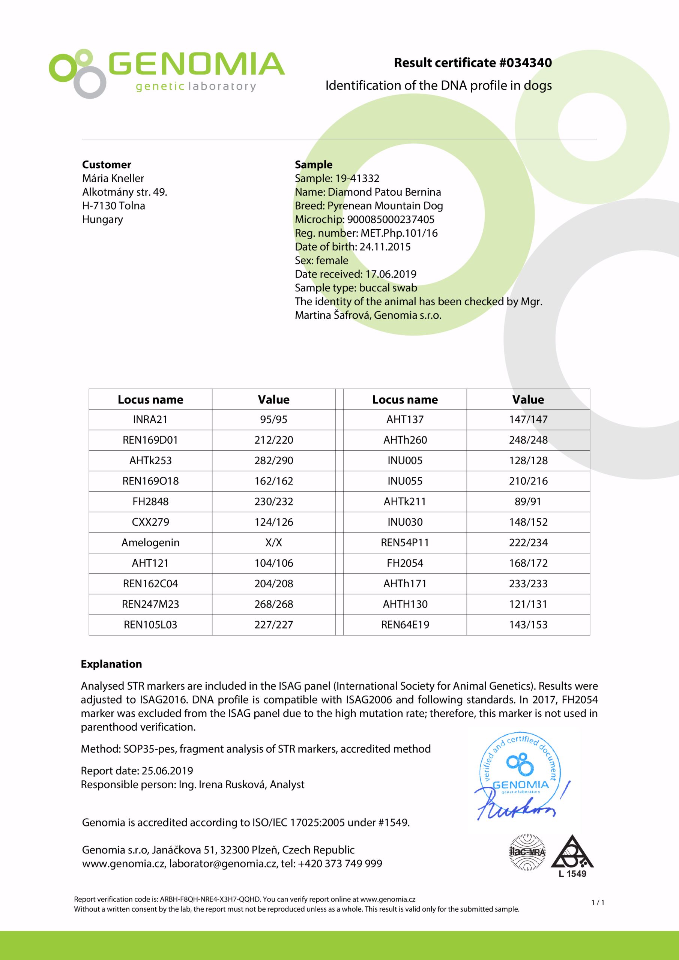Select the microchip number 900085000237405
(391, 219)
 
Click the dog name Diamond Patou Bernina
(384, 192)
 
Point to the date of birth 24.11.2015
(385, 247)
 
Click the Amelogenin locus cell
(150, 543)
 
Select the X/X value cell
(273, 543)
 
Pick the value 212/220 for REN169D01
(273, 440)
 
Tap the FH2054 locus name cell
(404, 563)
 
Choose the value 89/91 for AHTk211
(528, 501)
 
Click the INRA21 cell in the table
(150, 419)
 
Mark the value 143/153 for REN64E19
(528, 625)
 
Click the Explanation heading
(111, 664)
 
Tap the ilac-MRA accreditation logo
(527, 852)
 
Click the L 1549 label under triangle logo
(572, 874)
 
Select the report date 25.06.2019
(167, 771)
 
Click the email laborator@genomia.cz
(222, 863)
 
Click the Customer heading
(106, 164)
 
